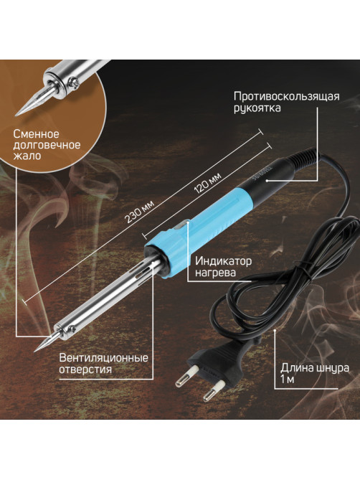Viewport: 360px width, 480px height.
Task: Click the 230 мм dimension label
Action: pyautogui.click(x=139, y=212)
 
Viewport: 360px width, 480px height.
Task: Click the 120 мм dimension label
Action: pyautogui.click(x=207, y=183)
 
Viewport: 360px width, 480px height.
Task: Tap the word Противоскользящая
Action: pyautogui.click(x=287, y=96)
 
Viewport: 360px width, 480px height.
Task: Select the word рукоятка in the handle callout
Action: pyautogui.click(x=257, y=108)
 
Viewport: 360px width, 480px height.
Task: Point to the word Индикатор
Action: pyautogui.click(x=223, y=261)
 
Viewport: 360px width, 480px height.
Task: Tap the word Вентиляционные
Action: pyautogui.click(x=103, y=357)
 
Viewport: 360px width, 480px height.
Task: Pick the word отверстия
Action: pyautogui.click(x=85, y=370)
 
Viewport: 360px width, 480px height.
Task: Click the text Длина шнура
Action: pyautogui.click(x=315, y=367)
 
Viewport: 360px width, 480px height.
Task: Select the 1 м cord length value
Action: pyautogui.click(x=287, y=380)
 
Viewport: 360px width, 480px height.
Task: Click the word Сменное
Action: pyautogui.click(x=36, y=134)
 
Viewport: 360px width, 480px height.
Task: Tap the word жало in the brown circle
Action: pyautogui.click(x=27, y=156)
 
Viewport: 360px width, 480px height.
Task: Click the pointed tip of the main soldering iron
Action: pyautogui.click(x=34, y=351)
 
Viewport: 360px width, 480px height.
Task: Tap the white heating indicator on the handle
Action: pyautogui.click(x=181, y=227)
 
